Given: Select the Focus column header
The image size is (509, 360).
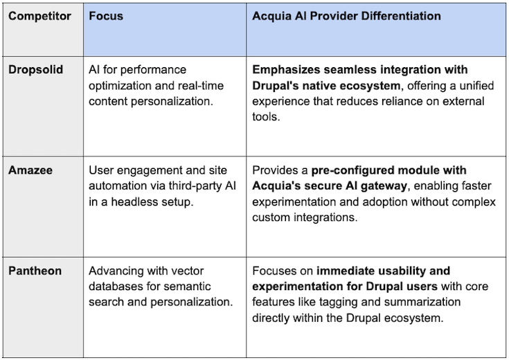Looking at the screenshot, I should point(106,16).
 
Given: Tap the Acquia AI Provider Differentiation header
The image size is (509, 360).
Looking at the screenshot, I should point(346,16).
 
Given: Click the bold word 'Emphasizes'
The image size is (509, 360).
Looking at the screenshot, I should point(286,70).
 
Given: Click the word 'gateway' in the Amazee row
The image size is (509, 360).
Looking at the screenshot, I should point(411,186).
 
